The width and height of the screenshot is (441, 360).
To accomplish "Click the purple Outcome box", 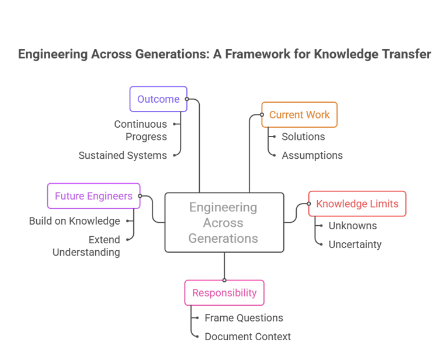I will [158, 99].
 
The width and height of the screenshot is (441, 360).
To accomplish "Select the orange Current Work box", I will [300, 115].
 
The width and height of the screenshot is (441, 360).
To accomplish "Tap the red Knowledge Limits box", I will [357, 204].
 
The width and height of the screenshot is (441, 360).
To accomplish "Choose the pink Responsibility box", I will [224, 293].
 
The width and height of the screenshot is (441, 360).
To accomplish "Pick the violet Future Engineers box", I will [93, 197].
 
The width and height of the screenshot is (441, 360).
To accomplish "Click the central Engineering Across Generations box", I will [224, 223].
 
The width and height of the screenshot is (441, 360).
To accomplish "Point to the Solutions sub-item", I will [303, 137].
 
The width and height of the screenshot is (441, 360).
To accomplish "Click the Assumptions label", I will [312, 155].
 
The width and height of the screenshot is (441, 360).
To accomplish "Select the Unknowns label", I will [353, 226].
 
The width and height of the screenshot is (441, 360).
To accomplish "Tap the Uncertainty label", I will [355, 244].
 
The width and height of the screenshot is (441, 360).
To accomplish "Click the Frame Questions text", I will [244, 318].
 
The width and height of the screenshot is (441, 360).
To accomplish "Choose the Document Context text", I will [248, 337].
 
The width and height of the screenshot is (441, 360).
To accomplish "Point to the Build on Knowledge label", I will [74, 221].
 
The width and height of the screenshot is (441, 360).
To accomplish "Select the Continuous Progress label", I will [141, 130].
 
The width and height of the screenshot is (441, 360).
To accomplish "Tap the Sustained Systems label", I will [123, 155].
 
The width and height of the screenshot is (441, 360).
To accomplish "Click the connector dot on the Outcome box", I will [187, 99].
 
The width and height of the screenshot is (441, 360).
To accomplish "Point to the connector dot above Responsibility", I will [224, 280].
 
